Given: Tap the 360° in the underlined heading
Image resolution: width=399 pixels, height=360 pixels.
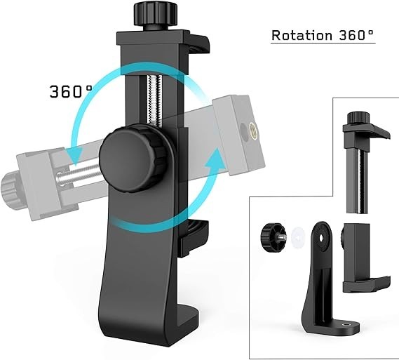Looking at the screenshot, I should pyautogui.click(x=353, y=35).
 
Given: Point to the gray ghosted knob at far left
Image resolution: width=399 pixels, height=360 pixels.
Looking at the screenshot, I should pyautogui.click(x=10, y=187).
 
